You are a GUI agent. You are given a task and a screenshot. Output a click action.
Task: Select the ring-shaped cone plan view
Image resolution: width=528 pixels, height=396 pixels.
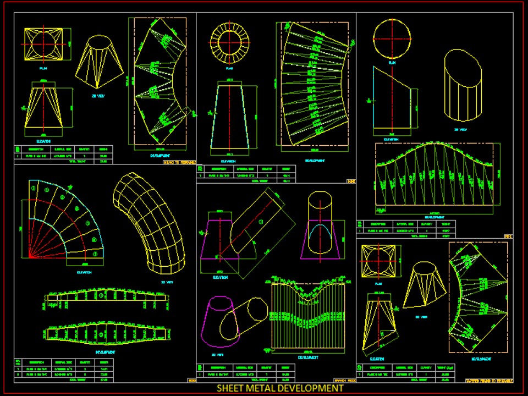point(230,41)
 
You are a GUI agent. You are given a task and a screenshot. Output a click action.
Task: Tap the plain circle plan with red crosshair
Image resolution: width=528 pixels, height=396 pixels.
point(392,38)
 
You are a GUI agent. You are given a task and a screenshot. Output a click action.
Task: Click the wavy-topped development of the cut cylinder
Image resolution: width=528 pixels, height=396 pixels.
point(437,177)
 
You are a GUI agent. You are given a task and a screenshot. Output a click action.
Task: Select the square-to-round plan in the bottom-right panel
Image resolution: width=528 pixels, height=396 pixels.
point(378,261)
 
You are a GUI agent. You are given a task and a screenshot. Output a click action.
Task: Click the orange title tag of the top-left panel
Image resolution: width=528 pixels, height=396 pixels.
point(179,163)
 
